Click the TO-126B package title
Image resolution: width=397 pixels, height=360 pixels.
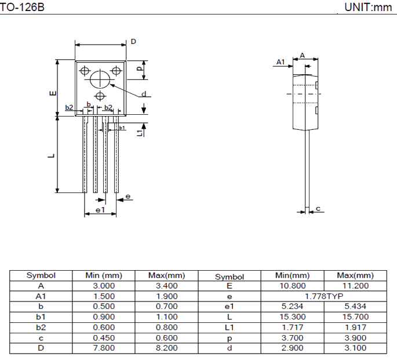pos(21,8)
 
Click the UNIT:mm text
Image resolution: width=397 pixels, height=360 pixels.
pos(368,8)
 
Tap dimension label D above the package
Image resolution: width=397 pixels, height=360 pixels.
pos(133,42)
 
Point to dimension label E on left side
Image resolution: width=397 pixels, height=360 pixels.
pos(52,93)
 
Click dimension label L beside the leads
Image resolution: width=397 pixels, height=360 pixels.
pos(51,155)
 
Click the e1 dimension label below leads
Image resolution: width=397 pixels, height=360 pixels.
pos(100,209)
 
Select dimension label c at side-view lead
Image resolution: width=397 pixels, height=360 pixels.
pos(318,209)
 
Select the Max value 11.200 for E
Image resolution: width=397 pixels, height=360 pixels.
pos(356,286)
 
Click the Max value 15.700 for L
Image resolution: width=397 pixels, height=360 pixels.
pos(356,317)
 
